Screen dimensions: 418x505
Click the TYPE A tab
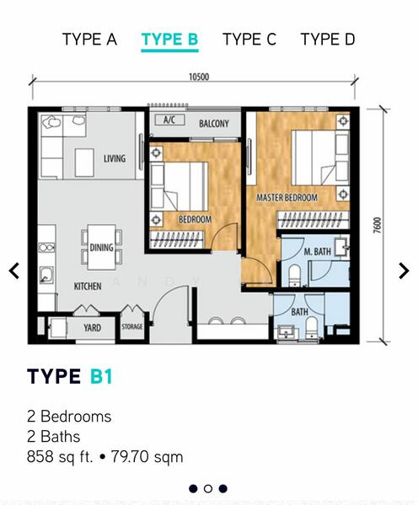pyautogui.click(x=89, y=40)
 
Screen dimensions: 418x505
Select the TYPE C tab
pyautogui.click(x=249, y=40)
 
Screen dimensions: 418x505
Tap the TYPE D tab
pyautogui.click(x=328, y=40)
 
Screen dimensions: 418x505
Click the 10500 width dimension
pyautogui.click(x=199, y=77)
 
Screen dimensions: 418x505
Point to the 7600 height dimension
pyautogui.click(x=377, y=225)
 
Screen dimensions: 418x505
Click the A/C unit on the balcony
pyautogui.click(x=169, y=120)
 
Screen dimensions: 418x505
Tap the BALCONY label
pyautogui.click(x=214, y=124)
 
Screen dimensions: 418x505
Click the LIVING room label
pyautogui.click(x=115, y=158)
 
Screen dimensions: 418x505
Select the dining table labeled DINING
pyautogui.click(x=102, y=247)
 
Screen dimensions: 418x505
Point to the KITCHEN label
pyautogui.click(x=88, y=286)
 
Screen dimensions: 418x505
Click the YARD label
pyautogui.click(x=92, y=328)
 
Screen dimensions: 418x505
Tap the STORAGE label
pyautogui.click(x=132, y=327)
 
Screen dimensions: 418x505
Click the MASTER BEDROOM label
pyautogui.click(x=287, y=198)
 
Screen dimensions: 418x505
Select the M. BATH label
pyautogui.click(x=318, y=252)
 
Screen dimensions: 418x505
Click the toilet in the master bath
pyautogui.click(x=294, y=275)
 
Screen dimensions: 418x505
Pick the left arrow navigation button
pyautogui.click(x=14, y=270)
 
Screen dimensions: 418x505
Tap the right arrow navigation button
pyautogui.click(x=404, y=270)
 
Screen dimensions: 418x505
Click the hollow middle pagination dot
pyautogui.click(x=208, y=488)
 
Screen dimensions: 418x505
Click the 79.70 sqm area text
pyautogui.click(x=147, y=457)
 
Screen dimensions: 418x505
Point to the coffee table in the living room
pyautogui.click(x=84, y=162)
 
